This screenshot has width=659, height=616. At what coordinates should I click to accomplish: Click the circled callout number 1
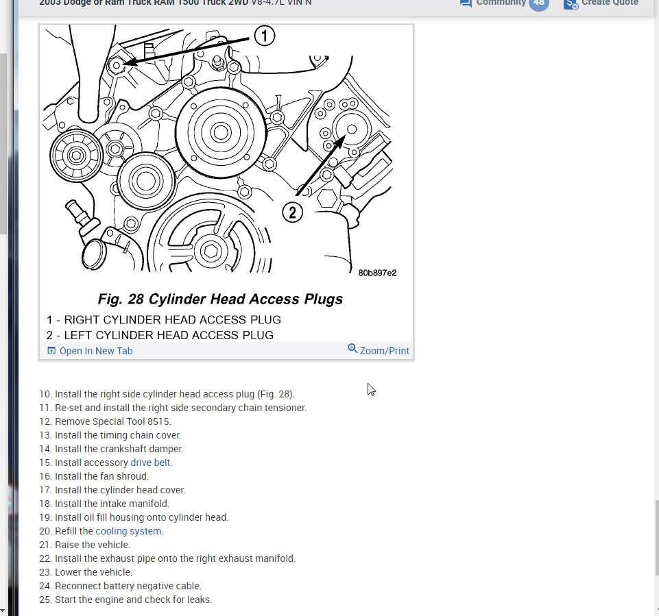tap(264, 36)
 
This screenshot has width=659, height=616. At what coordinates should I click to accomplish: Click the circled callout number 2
tap(293, 212)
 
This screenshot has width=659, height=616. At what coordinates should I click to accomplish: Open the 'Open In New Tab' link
tap(95, 351)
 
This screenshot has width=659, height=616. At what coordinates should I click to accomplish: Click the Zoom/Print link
tap(384, 351)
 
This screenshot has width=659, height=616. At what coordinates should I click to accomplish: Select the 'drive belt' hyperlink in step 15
tap(151, 463)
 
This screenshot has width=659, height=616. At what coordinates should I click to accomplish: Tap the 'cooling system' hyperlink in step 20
tap(129, 531)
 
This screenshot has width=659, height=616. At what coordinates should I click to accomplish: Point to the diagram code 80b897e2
tap(377, 273)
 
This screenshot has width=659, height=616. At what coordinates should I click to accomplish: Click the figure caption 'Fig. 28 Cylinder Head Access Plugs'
tap(220, 299)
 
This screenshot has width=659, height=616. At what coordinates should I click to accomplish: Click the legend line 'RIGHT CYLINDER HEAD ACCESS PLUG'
tap(172, 320)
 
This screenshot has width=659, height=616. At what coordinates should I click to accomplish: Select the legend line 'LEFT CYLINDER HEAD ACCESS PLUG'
tap(169, 335)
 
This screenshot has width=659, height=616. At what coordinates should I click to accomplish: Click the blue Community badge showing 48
tap(538, 3)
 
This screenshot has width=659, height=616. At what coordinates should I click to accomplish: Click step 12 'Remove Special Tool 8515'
tap(112, 421)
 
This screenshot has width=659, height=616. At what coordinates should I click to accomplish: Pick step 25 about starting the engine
tap(133, 600)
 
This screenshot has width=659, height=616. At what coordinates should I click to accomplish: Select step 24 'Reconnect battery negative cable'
tap(128, 586)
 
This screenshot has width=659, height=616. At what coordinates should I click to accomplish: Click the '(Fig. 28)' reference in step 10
tap(276, 394)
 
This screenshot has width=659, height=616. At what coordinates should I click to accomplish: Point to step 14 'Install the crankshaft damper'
tap(119, 449)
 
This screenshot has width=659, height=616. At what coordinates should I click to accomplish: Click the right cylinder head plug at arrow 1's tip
tap(116, 64)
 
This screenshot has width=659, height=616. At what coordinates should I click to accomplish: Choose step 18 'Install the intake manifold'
tap(112, 504)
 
